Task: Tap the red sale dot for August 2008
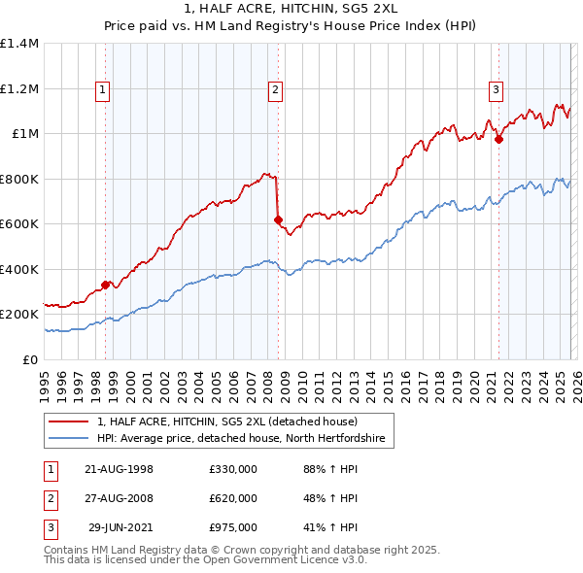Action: tap(277, 220)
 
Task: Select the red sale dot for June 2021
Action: tap(498, 140)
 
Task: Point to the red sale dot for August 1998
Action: tap(105, 286)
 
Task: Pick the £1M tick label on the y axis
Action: tap(25, 134)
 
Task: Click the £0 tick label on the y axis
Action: tap(31, 359)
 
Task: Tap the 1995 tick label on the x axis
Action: tap(44, 380)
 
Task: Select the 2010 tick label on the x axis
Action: tap(300, 380)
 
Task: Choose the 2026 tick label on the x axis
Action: tap(574, 380)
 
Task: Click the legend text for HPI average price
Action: tap(240, 439)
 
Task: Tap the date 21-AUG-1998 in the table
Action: tap(120, 468)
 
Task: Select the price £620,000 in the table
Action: tap(233, 498)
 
